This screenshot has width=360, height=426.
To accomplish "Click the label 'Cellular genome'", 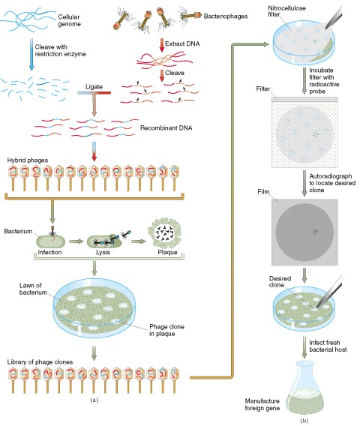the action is tap(69, 20).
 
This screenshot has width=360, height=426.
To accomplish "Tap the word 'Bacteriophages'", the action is tap(226, 16).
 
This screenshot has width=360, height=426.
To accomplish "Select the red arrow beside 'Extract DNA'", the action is tap(162, 45).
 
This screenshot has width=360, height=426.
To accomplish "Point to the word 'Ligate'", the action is tap(94, 87).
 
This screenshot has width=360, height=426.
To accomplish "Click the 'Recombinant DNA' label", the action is tap(166, 128).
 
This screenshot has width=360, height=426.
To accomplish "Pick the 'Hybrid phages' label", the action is tap(28, 160).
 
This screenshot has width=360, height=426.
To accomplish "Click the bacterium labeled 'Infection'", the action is tap(51, 241).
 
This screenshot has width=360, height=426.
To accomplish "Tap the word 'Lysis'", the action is tap(103, 253).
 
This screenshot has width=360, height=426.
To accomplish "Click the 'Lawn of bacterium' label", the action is tap(33, 289).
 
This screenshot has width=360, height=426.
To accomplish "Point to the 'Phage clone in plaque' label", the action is tap(166, 330).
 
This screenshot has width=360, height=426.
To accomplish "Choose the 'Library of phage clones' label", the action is tap(40, 362).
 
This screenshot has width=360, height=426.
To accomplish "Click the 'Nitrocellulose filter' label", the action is tap(286, 11).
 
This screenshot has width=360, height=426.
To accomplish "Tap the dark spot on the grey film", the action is tap(315, 232).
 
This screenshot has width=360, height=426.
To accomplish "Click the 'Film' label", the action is tap(263, 192).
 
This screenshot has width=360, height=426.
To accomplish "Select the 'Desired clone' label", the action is tap(280, 282).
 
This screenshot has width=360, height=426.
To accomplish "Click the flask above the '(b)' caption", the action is tap(305, 388).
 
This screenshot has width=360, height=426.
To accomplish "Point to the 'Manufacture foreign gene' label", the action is tap(262, 404).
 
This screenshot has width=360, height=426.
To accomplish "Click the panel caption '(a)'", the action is tap(94, 400).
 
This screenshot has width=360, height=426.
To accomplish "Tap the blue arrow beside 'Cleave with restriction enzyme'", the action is tap(31, 55).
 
